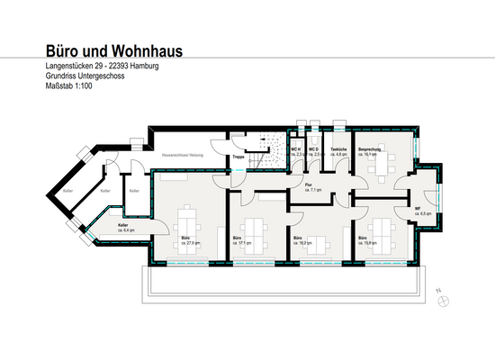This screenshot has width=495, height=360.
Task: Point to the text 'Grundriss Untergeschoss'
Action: coord(84,77)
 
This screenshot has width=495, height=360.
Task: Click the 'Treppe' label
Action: coord(238,157)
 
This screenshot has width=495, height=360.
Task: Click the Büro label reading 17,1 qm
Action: coord(238,241)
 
